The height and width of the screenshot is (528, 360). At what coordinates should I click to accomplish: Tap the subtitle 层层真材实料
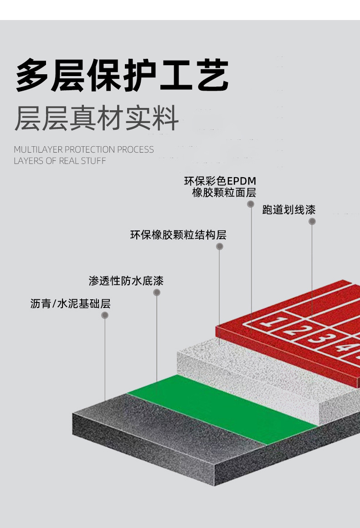[96, 118]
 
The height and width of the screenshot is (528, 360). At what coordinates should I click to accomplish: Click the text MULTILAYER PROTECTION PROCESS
[84, 149]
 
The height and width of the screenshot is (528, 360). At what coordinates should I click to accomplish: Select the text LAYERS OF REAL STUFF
[60, 161]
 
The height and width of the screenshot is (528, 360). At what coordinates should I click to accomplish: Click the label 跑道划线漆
[289, 210]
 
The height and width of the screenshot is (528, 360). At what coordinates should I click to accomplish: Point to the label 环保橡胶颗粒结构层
[178, 235]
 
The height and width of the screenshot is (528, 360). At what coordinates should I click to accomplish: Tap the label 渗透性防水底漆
[126, 281]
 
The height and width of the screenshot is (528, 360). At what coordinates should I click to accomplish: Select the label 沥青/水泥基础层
[71, 304]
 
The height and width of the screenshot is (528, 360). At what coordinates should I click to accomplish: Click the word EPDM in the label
[241, 181]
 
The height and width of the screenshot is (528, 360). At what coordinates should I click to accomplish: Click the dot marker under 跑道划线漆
[312, 221]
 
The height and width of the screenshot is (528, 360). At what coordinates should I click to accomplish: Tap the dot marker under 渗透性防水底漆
[157, 292]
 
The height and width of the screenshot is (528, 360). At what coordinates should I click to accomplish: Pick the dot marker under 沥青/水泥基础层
[105, 315]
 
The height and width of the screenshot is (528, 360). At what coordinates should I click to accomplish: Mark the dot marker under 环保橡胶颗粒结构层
[220, 246]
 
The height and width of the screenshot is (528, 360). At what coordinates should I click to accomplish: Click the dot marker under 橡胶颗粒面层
[251, 204]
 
